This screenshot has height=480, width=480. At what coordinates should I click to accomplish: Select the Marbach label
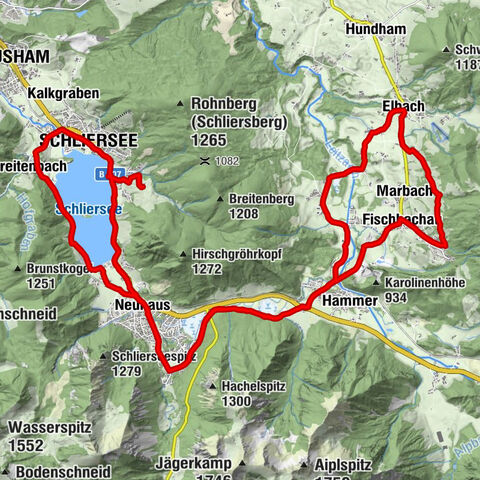405,190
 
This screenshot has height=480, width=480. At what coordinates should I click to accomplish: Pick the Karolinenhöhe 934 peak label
424,290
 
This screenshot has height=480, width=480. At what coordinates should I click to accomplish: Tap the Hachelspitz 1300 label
250,393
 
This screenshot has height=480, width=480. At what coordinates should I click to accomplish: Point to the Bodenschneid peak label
60,470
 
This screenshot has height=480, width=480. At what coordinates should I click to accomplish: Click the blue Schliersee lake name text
89,209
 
